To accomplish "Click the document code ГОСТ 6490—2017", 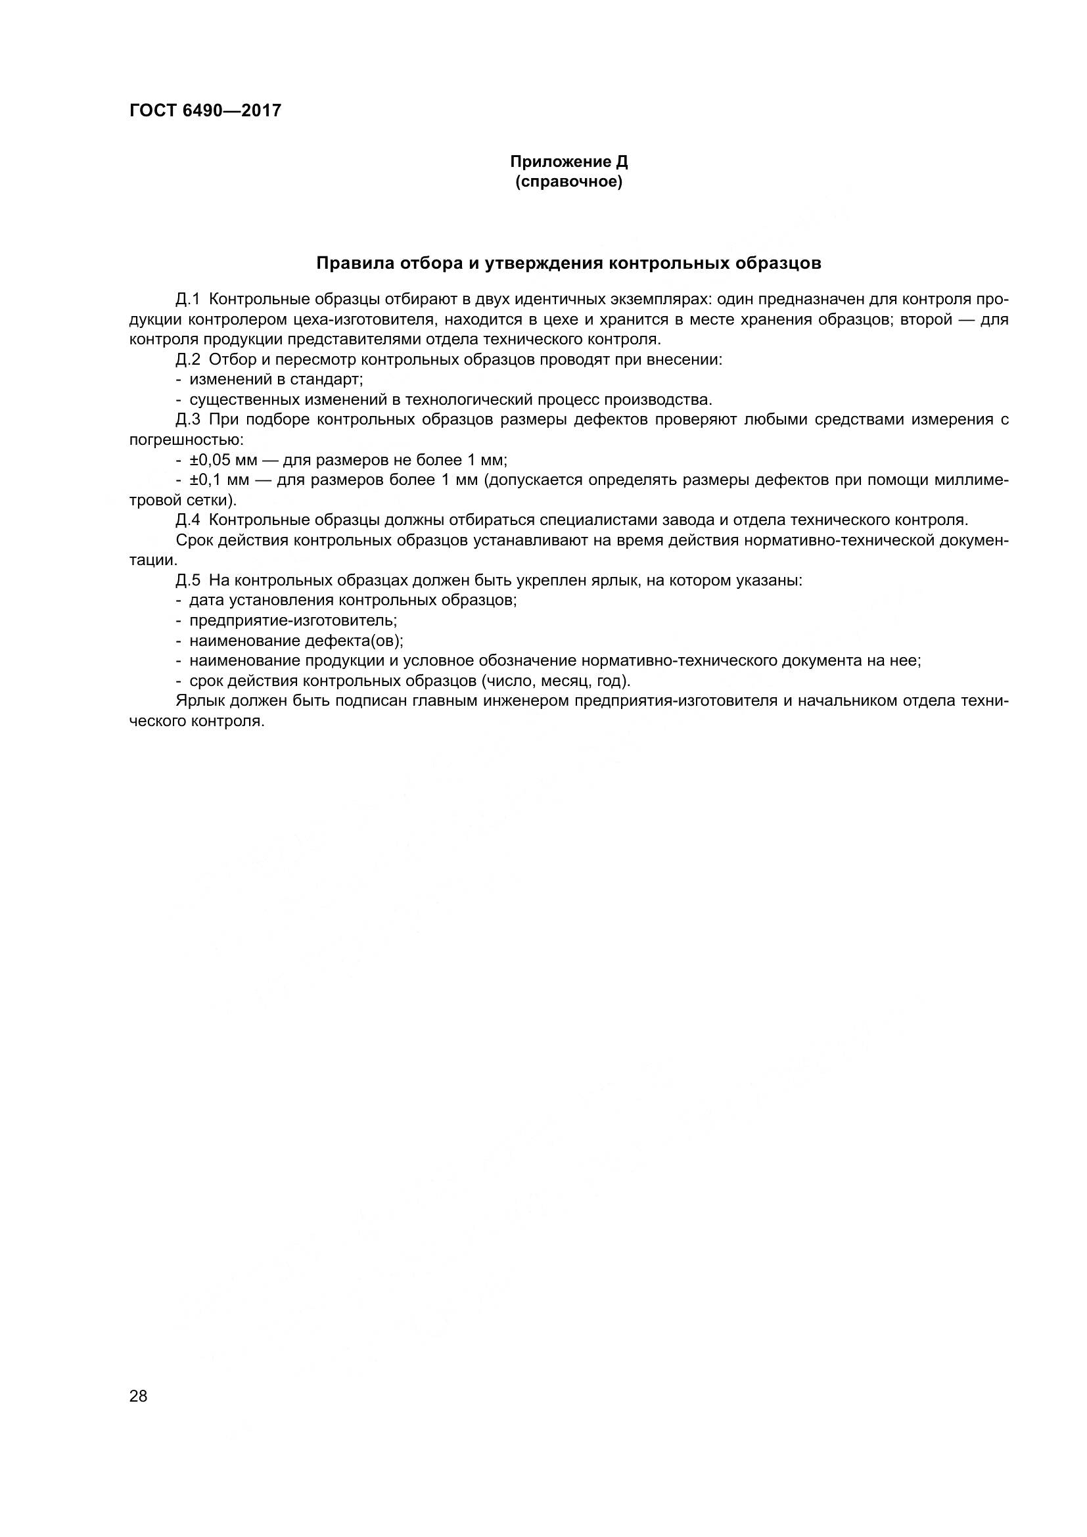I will (x=206, y=110).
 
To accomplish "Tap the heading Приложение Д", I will (x=569, y=162).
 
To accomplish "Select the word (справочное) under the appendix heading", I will (x=569, y=182).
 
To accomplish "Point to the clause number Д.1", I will (x=188, y=299).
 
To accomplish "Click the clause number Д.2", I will (x=188, y=359).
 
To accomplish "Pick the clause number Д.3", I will (x=188, y=420).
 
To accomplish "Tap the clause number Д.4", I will (x=188, y=520).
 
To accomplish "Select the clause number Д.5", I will (x=188, y=580).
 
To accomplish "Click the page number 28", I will (x=139, y=1396).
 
